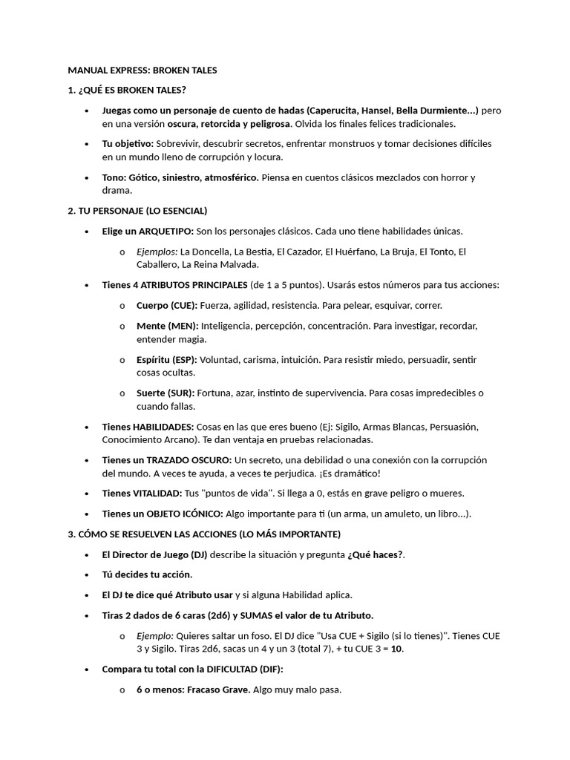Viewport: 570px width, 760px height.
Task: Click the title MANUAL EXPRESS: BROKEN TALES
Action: click(x=142, y=71)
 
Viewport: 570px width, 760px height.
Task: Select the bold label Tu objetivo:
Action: click(x=128, y=143)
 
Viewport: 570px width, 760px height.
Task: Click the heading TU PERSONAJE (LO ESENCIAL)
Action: click(x=137, y=211)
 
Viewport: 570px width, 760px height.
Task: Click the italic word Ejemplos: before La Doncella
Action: click(x=157, y=252)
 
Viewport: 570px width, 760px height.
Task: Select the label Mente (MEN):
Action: click(x=167, y=326)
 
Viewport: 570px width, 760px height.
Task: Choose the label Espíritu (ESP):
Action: click(x=167, y=359)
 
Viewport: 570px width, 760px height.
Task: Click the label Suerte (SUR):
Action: click(x=166, y=393)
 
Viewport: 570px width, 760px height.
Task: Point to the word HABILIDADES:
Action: click(x=163, y=427)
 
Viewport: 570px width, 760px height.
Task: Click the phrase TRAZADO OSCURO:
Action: click(x=189, y=460)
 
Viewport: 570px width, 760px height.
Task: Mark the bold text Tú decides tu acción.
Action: click(x=147, y=574)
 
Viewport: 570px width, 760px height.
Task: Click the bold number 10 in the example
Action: click(x=396, y=649)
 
